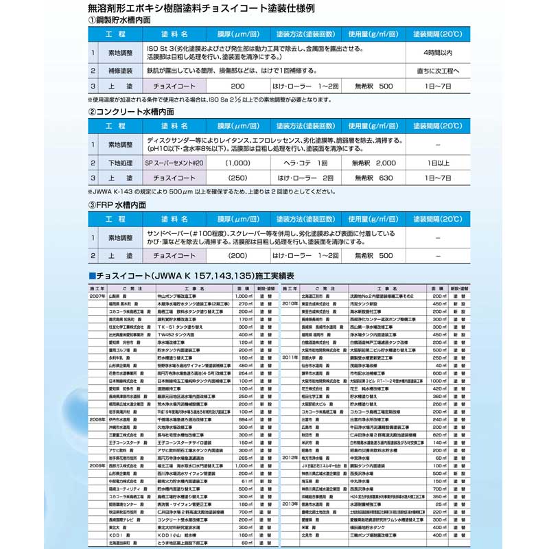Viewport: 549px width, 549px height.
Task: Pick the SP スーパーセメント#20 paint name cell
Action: tap(175, 164)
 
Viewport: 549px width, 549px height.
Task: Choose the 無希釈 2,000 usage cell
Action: tap(373, 164)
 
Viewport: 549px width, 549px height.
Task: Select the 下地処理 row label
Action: tap(120, 164)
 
